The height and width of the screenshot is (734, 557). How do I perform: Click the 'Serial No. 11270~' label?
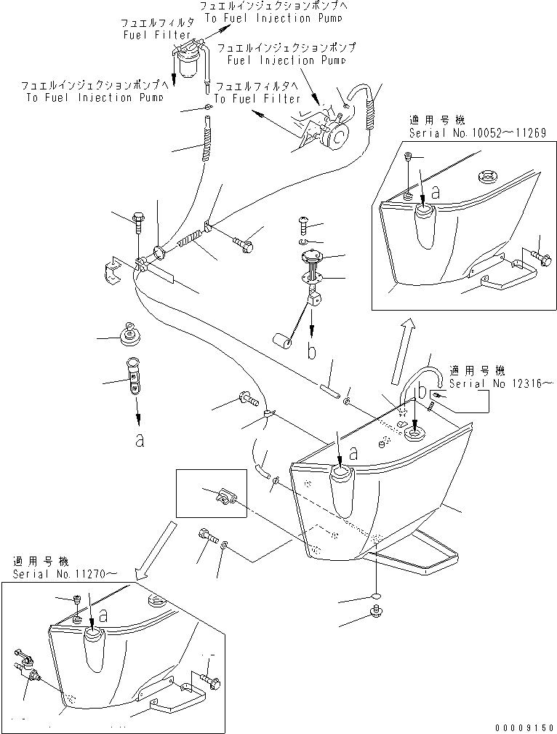[x=63, y=574]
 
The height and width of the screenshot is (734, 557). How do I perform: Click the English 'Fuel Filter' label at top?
[x=156, y=34]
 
